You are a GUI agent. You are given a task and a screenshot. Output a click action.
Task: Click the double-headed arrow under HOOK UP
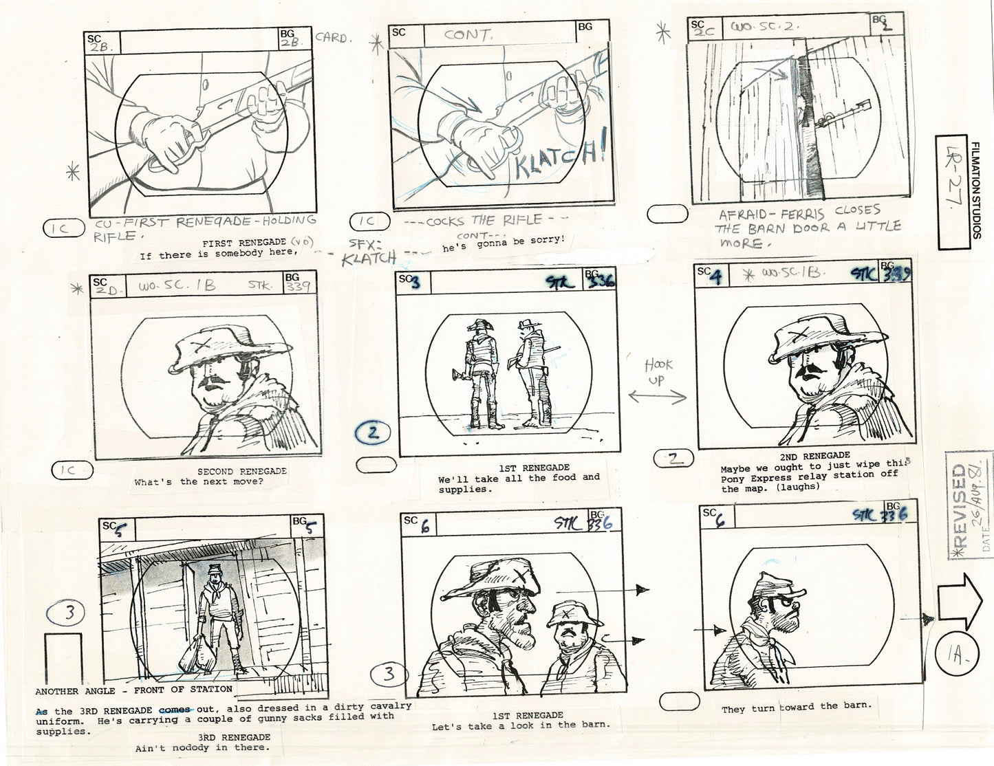tap(657, 396)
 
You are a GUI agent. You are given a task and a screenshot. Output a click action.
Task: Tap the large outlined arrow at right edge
tap(961, 600)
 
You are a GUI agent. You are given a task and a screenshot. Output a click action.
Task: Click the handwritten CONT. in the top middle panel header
tap(468, 34)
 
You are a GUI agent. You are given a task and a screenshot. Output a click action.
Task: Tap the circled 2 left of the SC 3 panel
tap(372, 433)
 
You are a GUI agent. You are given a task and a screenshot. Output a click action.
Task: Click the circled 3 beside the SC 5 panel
tap(68, 613)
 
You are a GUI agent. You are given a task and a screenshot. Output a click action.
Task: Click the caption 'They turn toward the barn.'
tap(796, 707)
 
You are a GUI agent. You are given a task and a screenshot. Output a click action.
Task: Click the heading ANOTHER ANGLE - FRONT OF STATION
tap(133, 689)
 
